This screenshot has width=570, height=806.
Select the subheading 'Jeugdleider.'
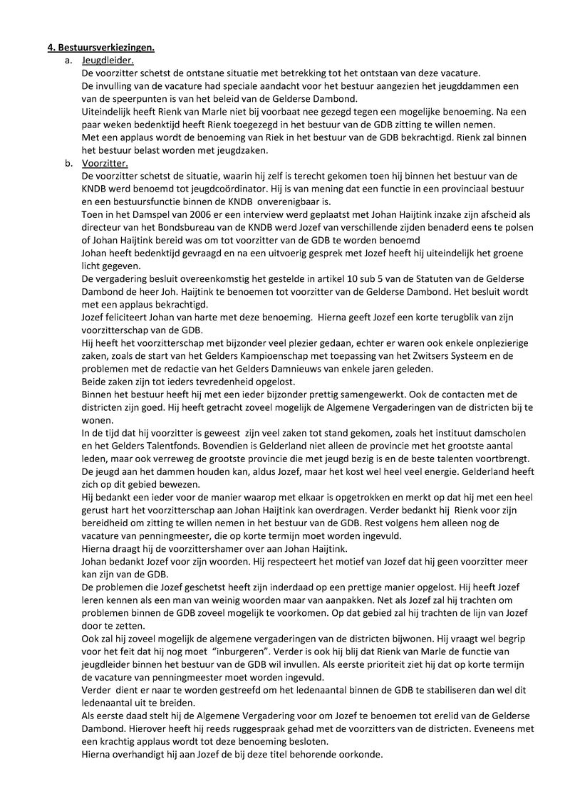coord(107,61)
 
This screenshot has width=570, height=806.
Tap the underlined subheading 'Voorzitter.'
coord(105,163)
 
